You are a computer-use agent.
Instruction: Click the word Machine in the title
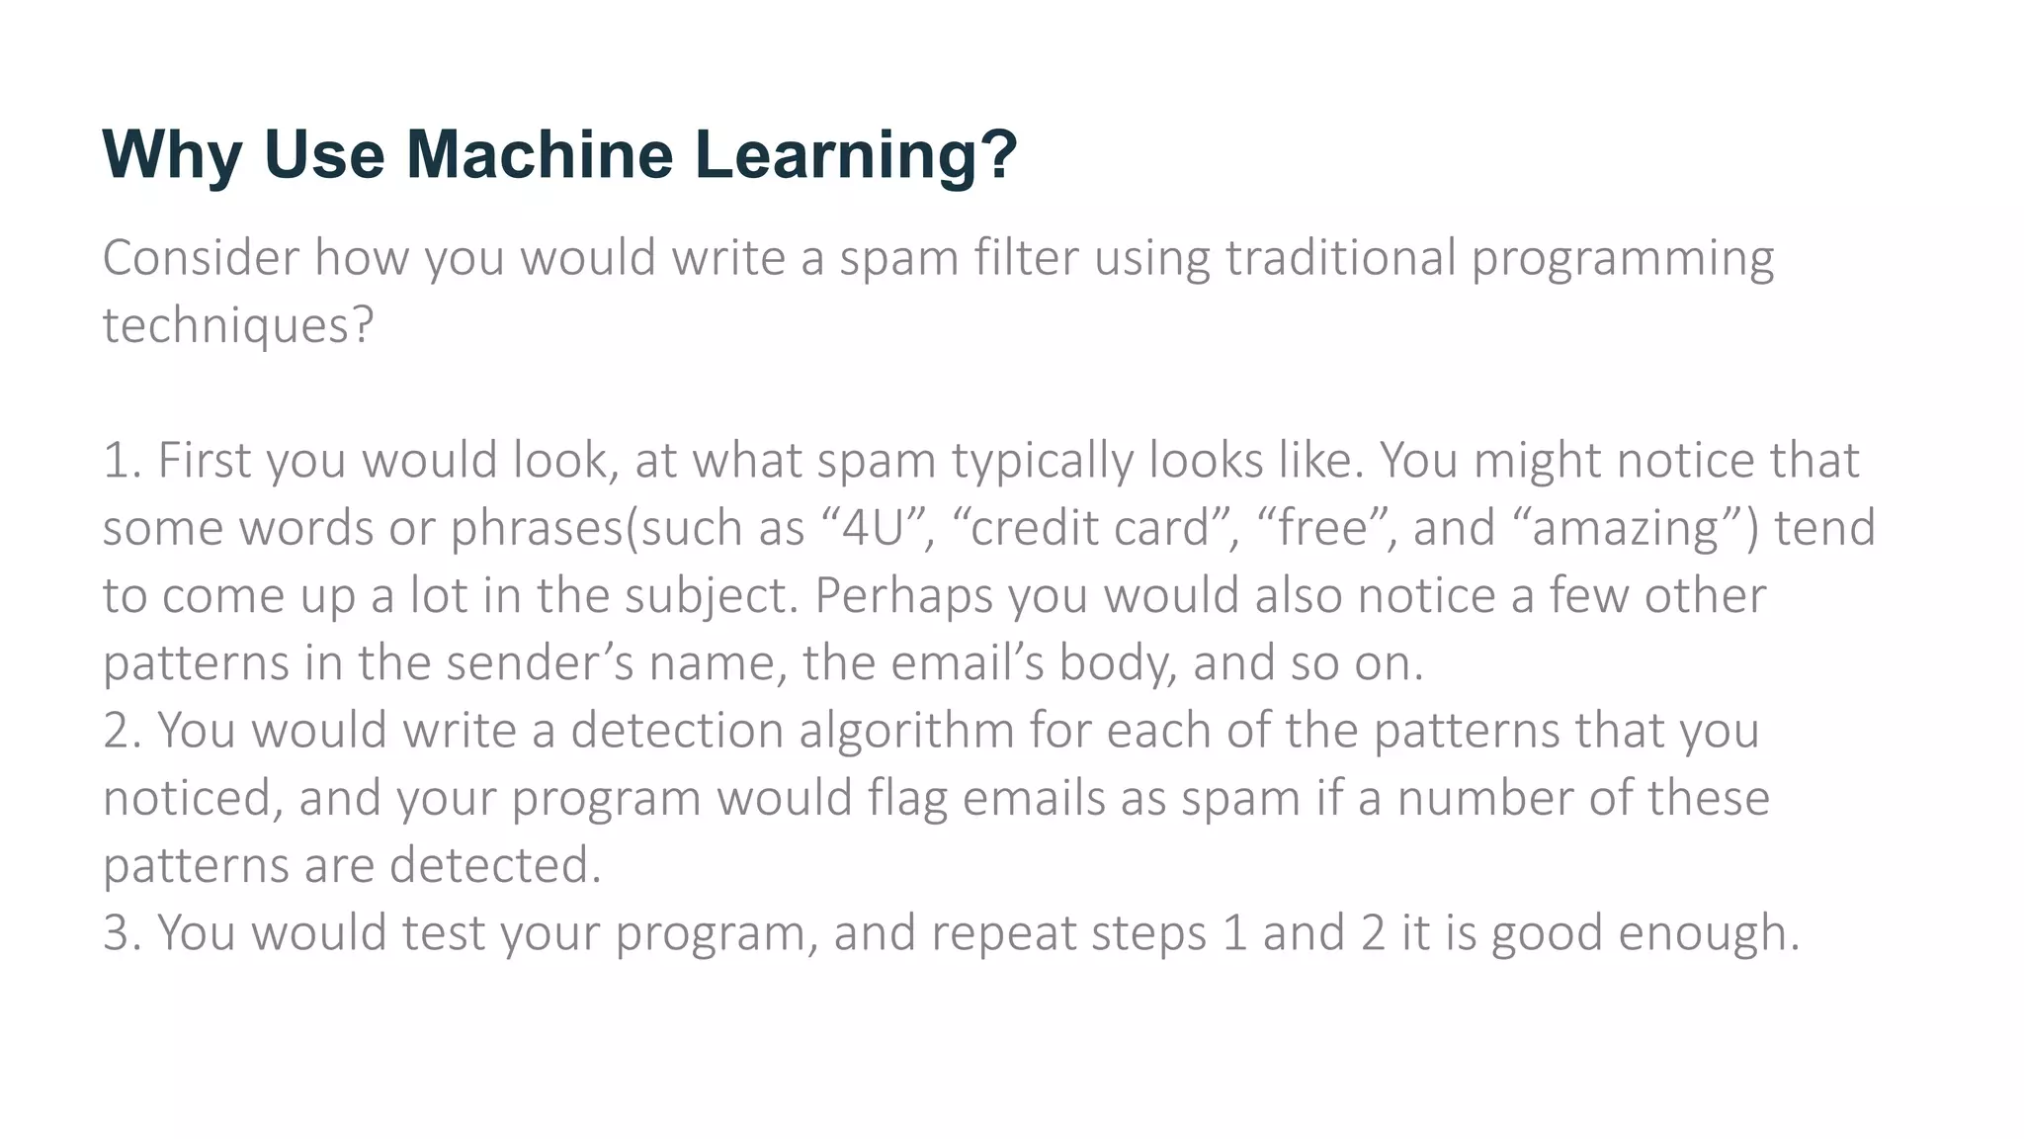tap(539, 154)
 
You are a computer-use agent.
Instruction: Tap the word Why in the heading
tap(172, 154)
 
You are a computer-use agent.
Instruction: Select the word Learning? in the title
tap(856, 154)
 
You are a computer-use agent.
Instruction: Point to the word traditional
tap(1340, 258)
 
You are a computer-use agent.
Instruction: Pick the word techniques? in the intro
tap(238, 326)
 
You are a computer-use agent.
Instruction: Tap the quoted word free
tap(1322, 528)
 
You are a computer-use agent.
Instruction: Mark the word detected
tap(494, 866)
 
